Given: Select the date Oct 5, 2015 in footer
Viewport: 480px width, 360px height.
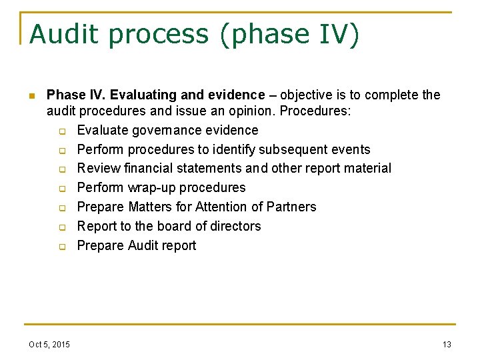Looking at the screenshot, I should (49, 344).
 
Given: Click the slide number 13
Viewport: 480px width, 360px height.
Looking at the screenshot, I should (447, 344).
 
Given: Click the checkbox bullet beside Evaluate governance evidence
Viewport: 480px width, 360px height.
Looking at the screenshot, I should (61, 131).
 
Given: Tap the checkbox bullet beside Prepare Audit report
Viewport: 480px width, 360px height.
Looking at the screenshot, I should (61, 247).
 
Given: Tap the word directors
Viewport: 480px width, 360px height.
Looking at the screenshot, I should (235, 227).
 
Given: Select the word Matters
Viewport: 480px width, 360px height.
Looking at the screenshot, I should (150, 207).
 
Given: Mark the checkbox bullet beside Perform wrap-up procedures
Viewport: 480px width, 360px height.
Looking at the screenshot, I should (61, 189).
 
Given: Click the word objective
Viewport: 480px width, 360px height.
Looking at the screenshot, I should (302, 95).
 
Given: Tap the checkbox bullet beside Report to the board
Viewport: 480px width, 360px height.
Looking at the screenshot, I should (61, 227).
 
